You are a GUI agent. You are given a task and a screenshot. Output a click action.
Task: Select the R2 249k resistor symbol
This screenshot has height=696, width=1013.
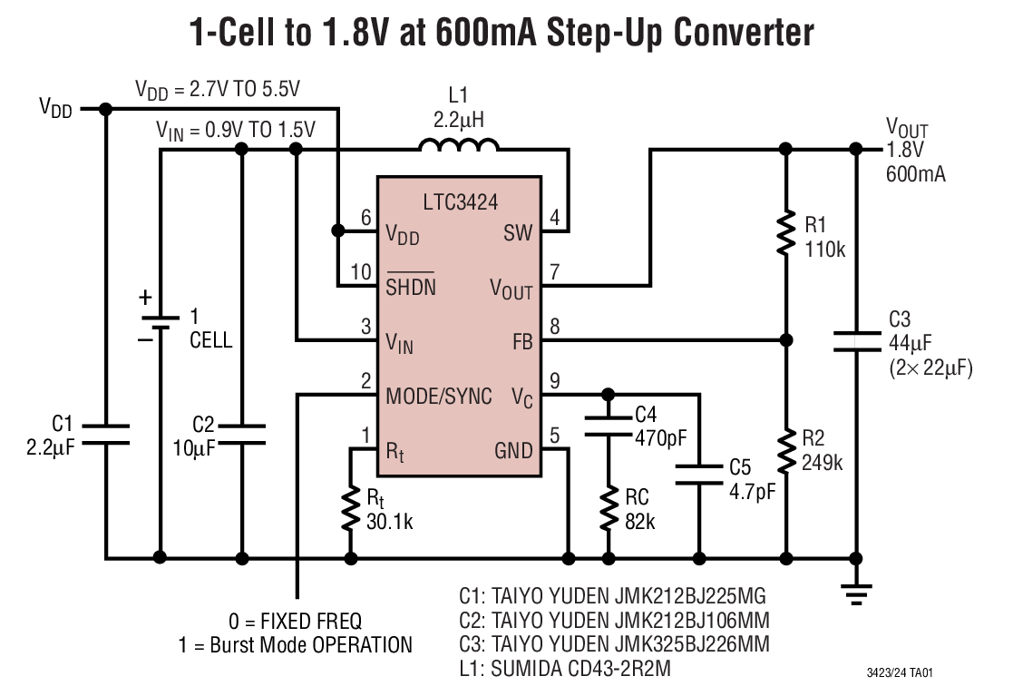pos(785,451)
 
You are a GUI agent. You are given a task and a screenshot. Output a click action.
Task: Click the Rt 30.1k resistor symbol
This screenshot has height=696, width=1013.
pos(350,510)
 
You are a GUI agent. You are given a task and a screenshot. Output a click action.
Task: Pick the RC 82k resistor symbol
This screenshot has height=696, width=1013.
pos(609,510)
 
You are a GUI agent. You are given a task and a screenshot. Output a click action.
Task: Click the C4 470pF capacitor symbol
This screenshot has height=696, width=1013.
pos(609,426)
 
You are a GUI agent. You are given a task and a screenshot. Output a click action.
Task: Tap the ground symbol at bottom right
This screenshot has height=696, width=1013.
pos(855,592)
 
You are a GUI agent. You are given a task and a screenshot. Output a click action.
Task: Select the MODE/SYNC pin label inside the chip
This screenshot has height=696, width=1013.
pos(439,397)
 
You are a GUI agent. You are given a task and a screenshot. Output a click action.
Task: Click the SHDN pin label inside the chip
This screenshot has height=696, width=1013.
pos(410,287)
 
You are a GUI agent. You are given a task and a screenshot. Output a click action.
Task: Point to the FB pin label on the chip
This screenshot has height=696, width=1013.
pos(522,342)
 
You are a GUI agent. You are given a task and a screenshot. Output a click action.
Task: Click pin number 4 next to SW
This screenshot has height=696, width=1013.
pos(554,218)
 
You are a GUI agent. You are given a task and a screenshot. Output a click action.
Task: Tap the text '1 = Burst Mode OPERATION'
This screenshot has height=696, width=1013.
pos(296,645)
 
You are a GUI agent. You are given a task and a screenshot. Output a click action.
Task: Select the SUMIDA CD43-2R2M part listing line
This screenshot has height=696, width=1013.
pos(566,670)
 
